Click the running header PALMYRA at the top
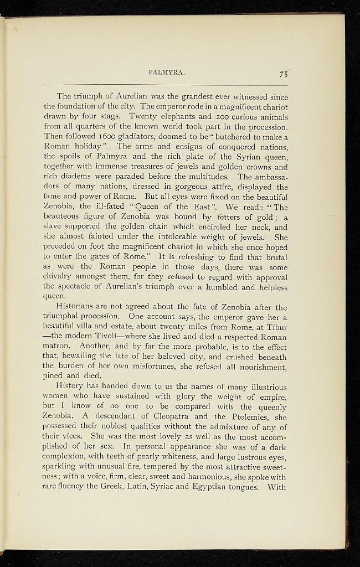coord(166,72)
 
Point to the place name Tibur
coord(276,327)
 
